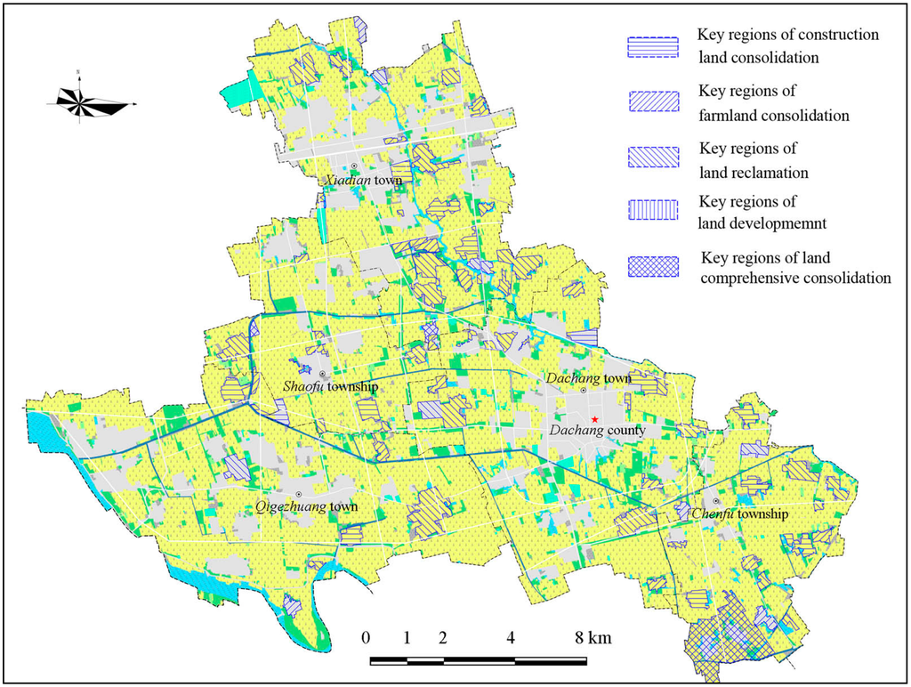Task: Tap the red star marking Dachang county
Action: (x=594, y=419)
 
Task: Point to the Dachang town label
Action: (x=588, y=378)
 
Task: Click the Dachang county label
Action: (x=596, y=431)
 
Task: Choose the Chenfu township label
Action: (x=732, y=514)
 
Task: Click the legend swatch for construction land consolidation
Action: (x=652, y=47)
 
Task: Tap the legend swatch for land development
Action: (x=652, y=211)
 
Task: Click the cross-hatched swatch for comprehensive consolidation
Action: (x=652, y=266)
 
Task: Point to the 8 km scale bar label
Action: (x=591, y=638)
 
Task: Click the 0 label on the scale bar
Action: (x=366, y=638)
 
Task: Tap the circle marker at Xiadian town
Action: (x=353, y=166)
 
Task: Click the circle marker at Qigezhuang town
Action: (x=299, y=494)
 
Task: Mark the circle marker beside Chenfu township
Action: (x=715, y=502)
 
